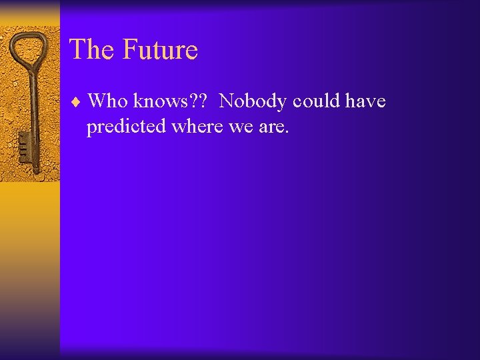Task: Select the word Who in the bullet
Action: click(x=107, y=101)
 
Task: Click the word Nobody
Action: click(x=253, y=101)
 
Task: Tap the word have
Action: click(x=366, y=101)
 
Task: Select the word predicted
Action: click(x=126, y=127)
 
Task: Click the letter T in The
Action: click(x=76, y=50)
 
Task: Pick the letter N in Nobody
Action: click(x=226, y=101)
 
